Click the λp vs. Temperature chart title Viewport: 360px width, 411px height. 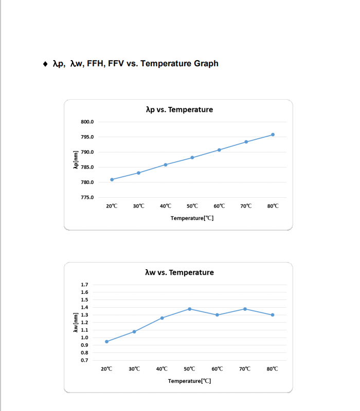(x=179, y=109)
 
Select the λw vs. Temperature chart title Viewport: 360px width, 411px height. (x=179, y=273)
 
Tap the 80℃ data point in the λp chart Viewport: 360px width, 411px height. (x=273, y=135)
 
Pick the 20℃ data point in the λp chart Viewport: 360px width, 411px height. (x=112, y=179)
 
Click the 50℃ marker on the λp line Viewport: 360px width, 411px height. (x=192, y=158)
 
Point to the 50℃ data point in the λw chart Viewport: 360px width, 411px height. (x=189, y=309)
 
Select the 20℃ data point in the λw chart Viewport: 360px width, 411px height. (x=106, y=342)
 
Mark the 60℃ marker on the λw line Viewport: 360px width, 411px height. (x=217, y=315)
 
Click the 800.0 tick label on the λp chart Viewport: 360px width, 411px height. (x=87, y=122)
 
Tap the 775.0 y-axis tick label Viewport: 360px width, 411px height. (x=87, y=197)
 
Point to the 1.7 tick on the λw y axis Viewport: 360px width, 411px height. (x=84, y=285)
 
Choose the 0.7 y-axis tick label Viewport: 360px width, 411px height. (x=84, y=360)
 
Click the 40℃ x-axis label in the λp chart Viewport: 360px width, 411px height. (x=166, y=206)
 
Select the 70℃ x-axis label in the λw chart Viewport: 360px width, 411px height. (x=245, y=369)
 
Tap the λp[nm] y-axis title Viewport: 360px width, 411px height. (x=76, y=160)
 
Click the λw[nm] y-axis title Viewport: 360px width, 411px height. (x=76, y=323)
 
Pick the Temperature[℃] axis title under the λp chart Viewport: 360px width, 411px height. (x=192, y=218)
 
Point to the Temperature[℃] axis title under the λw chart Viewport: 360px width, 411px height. (x=189, y=381)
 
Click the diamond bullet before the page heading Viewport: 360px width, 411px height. (x=45, y=64)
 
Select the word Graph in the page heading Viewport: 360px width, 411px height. (x=206, y=64)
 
